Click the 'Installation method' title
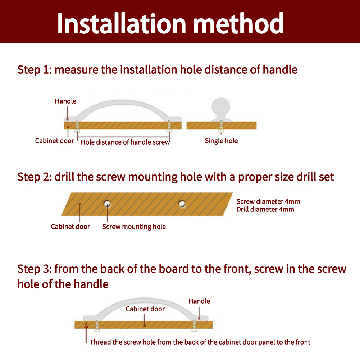point(170,23)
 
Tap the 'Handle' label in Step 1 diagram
point(66,101)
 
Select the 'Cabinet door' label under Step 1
point(54,141)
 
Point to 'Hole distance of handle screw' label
point(125,142)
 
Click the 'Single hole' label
point(221,141)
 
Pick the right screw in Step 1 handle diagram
point(169,127)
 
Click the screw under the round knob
point(221,127)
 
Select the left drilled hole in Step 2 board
point(107,204)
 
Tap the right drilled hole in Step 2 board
point(182,204)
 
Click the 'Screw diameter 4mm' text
point(268,201)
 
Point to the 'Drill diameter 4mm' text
point(265,209)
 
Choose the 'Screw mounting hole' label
point(134,227)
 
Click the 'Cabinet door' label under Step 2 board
point(70,227)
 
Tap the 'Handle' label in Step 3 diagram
point(199,301)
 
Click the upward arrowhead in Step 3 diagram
point(86,325)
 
